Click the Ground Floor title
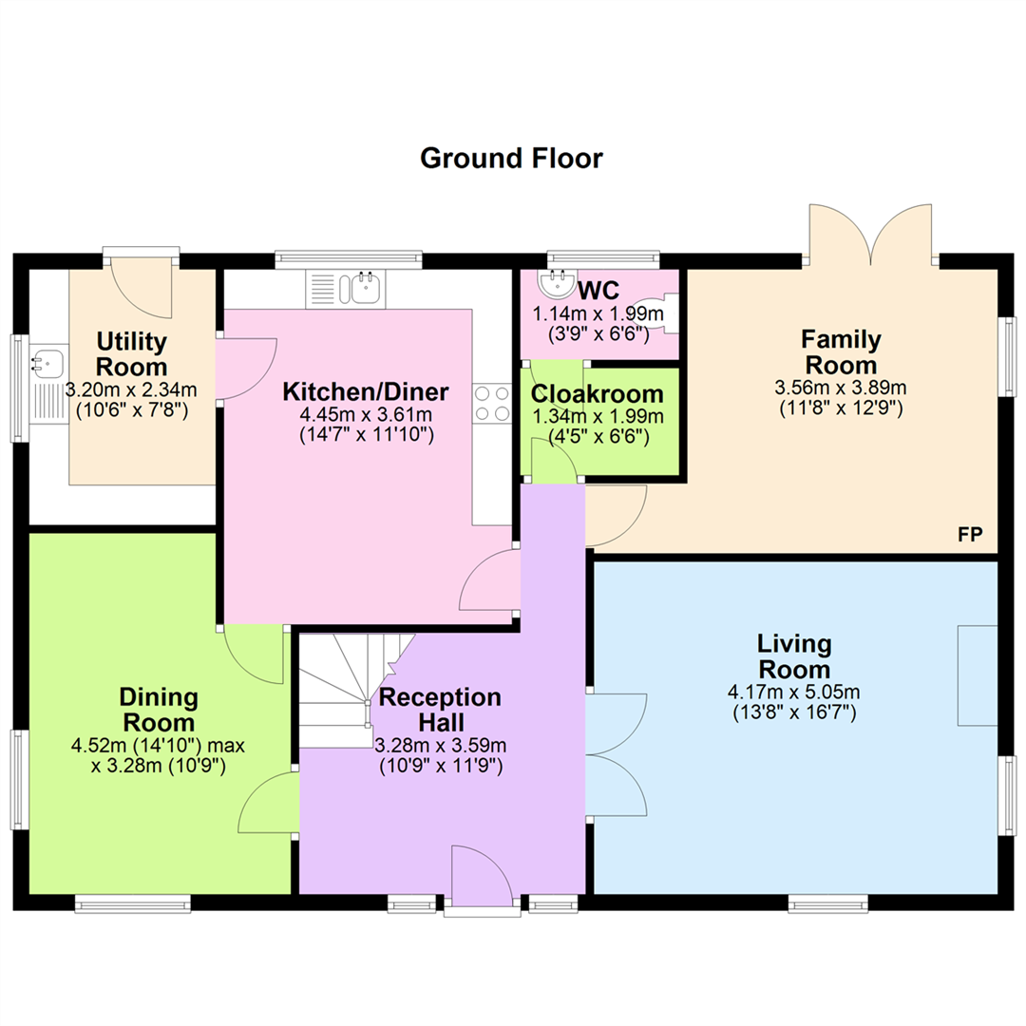[511, 159]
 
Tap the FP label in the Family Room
[970, 535]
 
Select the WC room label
[598, 290]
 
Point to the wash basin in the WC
[557, 284]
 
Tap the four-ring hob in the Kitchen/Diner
[493, 403]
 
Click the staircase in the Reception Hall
[357, 691]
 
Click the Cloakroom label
[598, 394]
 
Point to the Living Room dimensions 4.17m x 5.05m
[793, 692]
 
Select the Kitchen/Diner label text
[366, 391]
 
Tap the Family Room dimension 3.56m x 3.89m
[841, 388]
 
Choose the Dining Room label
[159, 710]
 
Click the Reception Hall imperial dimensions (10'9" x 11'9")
[441, 766]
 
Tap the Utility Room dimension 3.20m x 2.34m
[131, 390]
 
